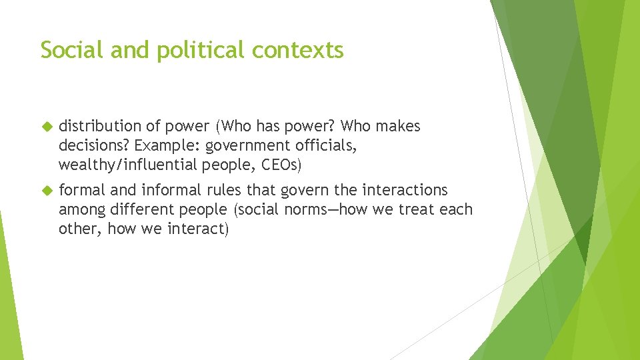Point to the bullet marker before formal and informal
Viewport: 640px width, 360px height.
47,191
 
